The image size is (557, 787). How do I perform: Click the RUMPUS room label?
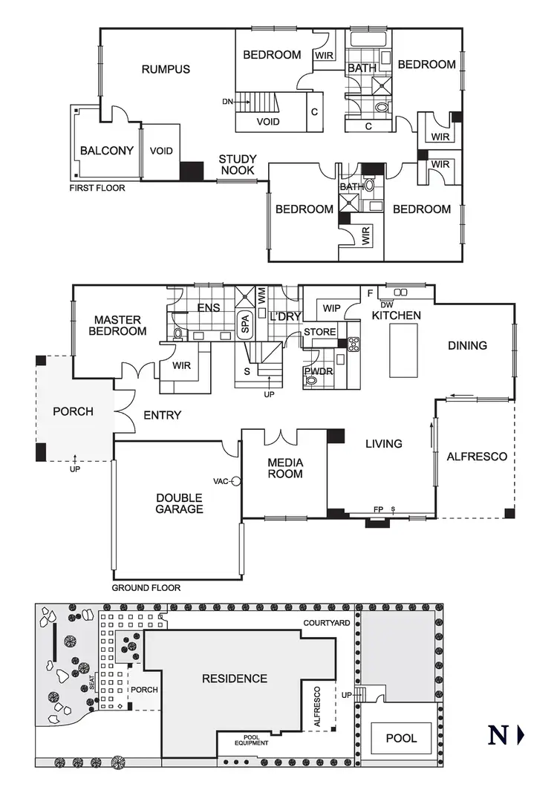pyautogui.click(x=166, y=70)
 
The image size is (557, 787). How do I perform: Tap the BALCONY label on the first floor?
pyautogui.click(x=107, y=151)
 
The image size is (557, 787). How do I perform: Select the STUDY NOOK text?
pyautogui.click(x=237, y=165)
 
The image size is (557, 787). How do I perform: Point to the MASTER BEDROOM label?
pyautogui.click(x=117, y=325)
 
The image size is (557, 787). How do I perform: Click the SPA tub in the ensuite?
pyautogui.click(x=244, y=324)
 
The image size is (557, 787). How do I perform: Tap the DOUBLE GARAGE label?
pyautogui.click(x=179, y=503)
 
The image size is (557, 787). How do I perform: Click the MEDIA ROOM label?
pyautogui.click(x=285, y=468)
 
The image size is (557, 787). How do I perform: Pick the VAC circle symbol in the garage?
pyautogui.click(x=236, y=480)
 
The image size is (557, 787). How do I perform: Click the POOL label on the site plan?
pyautogui.click(x=401, y=738)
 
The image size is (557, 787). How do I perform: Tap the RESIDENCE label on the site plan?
pyautogui.click(x=235, y=679)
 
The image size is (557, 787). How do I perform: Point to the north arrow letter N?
pyautogui.click(x=498, y=736)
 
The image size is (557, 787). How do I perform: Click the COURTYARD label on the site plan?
pyautogui.click(x=327, y=623)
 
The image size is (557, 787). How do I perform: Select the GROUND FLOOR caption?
pyautogui.click(x=146, y=587)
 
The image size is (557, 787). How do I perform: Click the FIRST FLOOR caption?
pyautogui.click(x=97, y=188)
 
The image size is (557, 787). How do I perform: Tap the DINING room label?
pyautogui.click(x=467, y=345)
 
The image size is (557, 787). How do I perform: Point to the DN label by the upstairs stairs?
pyautogui.click(x=227, y=102)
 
